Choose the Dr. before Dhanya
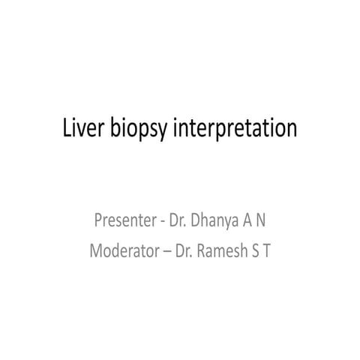(x=175, y=221)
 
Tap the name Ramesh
(x=224, y=248)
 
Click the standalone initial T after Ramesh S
(x=268, y=248)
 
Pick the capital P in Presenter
(x=98, y=221)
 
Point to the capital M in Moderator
(x=96, y=248)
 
